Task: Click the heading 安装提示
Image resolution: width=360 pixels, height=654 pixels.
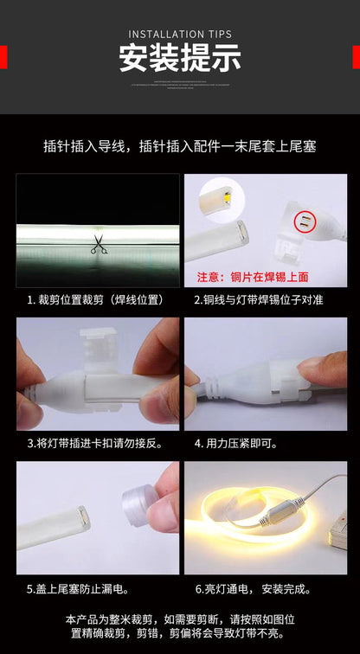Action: (180, 57)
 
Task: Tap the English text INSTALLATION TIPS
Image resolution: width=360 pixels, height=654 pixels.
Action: (180, 35)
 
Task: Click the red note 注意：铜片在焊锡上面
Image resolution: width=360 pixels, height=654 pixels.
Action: (252, 278)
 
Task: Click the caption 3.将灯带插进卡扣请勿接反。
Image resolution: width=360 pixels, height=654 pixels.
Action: (97, 443)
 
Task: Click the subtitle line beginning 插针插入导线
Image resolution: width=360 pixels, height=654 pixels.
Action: (180, 147)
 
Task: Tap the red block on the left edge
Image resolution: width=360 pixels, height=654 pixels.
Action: (3, 57)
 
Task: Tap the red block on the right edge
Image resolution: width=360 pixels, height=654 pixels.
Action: (356, 57)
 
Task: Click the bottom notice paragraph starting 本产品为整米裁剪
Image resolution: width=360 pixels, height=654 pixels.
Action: (180, 626)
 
